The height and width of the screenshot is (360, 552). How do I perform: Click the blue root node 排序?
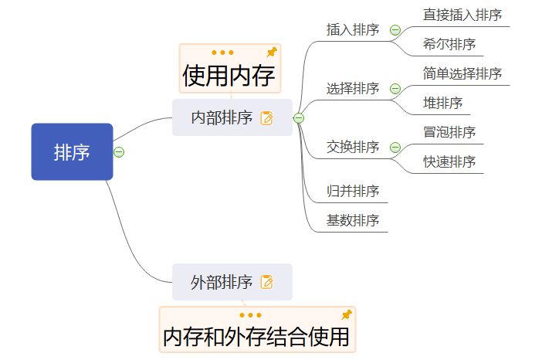point(72,152)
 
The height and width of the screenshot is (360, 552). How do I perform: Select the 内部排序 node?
point(222,118)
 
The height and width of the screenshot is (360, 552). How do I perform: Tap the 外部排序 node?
point(222,282)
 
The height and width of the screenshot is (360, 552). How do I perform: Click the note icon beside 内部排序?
point(267,118)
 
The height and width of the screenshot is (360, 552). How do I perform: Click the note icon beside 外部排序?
point(267,282)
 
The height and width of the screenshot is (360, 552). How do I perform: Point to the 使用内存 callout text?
point(229,76)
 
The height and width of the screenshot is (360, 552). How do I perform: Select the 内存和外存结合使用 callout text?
point(256,338)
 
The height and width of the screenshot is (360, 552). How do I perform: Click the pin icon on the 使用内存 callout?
point(271,52)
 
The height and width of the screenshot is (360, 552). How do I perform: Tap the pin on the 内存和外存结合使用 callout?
point(347,314)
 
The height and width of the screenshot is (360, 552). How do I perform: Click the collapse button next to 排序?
point(119,151)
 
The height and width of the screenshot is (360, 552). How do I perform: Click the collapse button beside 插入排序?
point(395,30)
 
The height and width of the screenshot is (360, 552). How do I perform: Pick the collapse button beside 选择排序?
point(395,89)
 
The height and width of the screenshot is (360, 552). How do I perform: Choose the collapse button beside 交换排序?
point(395,148)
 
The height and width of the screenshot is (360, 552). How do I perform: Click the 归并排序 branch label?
point(353,191)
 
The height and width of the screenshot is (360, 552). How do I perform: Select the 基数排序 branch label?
point(353,220)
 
